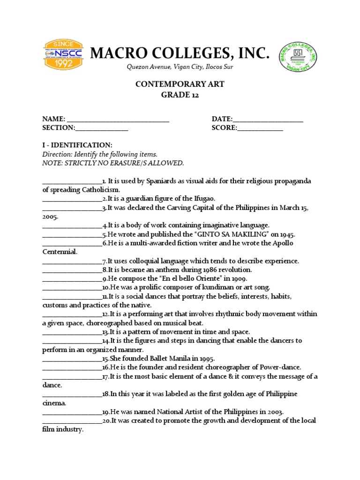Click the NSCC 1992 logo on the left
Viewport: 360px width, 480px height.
[63, 55]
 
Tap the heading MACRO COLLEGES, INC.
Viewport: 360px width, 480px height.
[180, 53]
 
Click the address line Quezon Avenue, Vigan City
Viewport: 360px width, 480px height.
[180, 67]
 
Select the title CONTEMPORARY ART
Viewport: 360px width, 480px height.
[180, 84]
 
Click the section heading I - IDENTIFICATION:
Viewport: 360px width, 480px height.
[77, 145]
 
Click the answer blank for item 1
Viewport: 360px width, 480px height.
[72, 181]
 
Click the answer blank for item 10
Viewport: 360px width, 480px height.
[72, 287]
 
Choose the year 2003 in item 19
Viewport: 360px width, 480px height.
[273, 412]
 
